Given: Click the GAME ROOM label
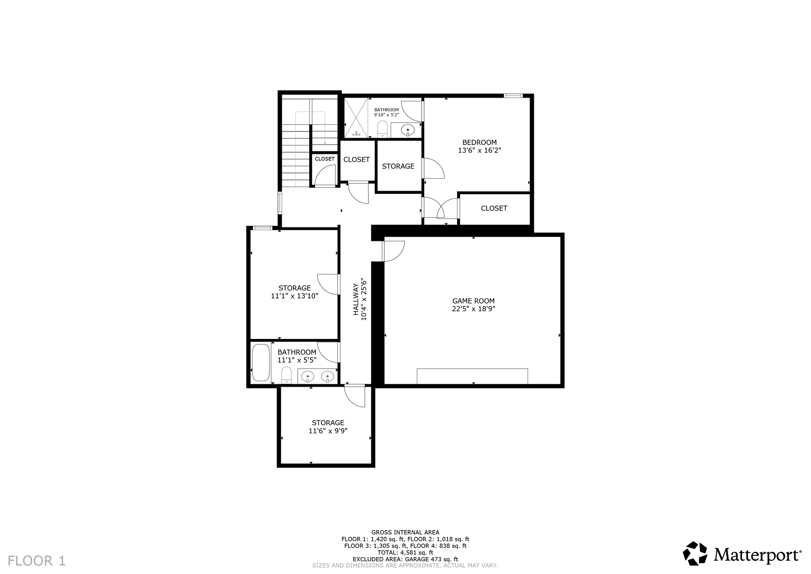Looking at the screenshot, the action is pyautogui.click(x=473, y=301).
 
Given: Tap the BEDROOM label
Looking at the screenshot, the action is pyautogui.click(x=479, y=142).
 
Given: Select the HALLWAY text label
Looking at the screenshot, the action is pyautogui.click(x=356, y=299).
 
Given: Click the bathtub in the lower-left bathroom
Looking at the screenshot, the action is pyautogui.click(x=261, y=363).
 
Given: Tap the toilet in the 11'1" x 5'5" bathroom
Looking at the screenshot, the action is pyautogui.click(x=286, y=375).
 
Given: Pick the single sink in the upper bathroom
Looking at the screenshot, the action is pyautogui.click(x=408, y=129).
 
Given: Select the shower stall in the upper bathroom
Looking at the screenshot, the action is pyautogui.click(x=356, y=118).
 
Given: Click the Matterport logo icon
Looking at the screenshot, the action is pyautogui.click(x=695, y=553).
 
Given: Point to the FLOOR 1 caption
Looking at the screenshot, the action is pyautogui.click(x=37, y=561).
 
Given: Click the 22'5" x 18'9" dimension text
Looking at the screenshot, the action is pyautogui.click(x=473, y=309).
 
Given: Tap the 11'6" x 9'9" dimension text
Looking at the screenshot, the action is pyautogui.click(x=328, y=431).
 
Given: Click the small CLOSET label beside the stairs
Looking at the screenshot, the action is pyautogui.click(x=324, y=159).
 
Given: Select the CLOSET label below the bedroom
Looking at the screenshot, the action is pyautogui.click(x=494, y=208).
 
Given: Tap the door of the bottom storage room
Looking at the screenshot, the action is pyautogui.click(x=354, y=396).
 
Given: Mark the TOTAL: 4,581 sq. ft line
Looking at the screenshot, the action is pyautogui.click(x=405, y=552).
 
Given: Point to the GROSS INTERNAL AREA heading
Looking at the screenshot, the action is pyautogui.click(x=405, y=533).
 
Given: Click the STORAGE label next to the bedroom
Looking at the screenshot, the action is pyautogui.click(x=398, y=166).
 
